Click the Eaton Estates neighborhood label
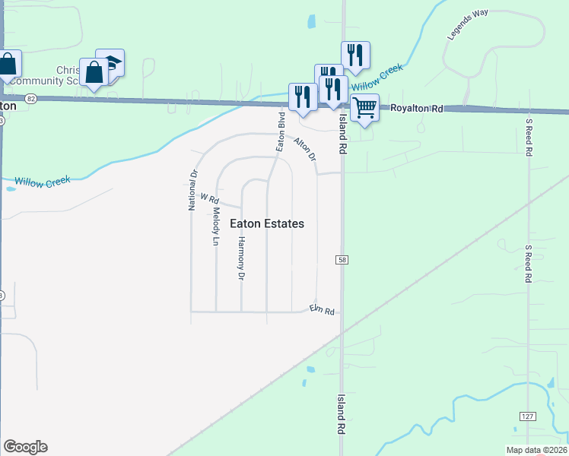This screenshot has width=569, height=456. coord(267,223)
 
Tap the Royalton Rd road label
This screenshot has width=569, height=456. coord(416,109)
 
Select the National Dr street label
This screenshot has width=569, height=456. coord(193,190)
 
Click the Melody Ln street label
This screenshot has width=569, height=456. coord(216,226)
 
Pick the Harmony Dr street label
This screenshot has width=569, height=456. coord(241,258)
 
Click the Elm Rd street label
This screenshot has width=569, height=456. coord(322,311)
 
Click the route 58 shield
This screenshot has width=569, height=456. coord(342,260)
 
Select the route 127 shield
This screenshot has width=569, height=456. coord(528,416)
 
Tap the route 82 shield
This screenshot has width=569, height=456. coord(30,99)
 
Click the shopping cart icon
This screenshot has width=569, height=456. coord(365,109)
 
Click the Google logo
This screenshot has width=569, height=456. coord(25,447)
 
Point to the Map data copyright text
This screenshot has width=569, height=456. coord(536,450)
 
